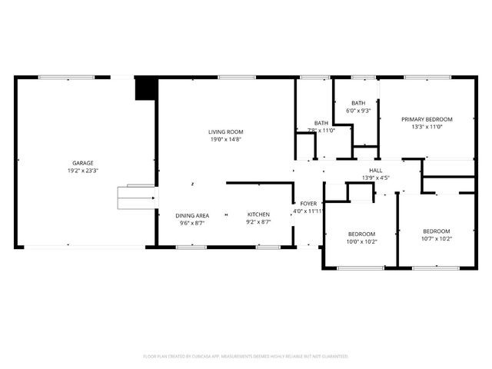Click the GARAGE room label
coord(83,163)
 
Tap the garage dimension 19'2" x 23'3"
coord(83,171)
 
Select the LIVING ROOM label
coord(226,131)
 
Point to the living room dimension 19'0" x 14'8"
coord(226,139)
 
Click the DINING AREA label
coord(191,215)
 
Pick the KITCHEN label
coord(258,214)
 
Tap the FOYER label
coord(308,203)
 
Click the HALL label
coord(375,171)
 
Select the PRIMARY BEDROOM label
coord(427,119)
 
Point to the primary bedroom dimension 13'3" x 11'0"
coord(427,128)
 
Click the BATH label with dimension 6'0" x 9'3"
coord(358,103)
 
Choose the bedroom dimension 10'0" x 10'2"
coord(361,241)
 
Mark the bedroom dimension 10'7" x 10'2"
coord(436,239)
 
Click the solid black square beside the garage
coord(145,88)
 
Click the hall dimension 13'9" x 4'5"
coord(375,178)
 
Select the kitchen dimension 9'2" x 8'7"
coord(258,223)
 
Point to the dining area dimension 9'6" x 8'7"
coord(191,223)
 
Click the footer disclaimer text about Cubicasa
coord(246,357)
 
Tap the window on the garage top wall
coord(67,77)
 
